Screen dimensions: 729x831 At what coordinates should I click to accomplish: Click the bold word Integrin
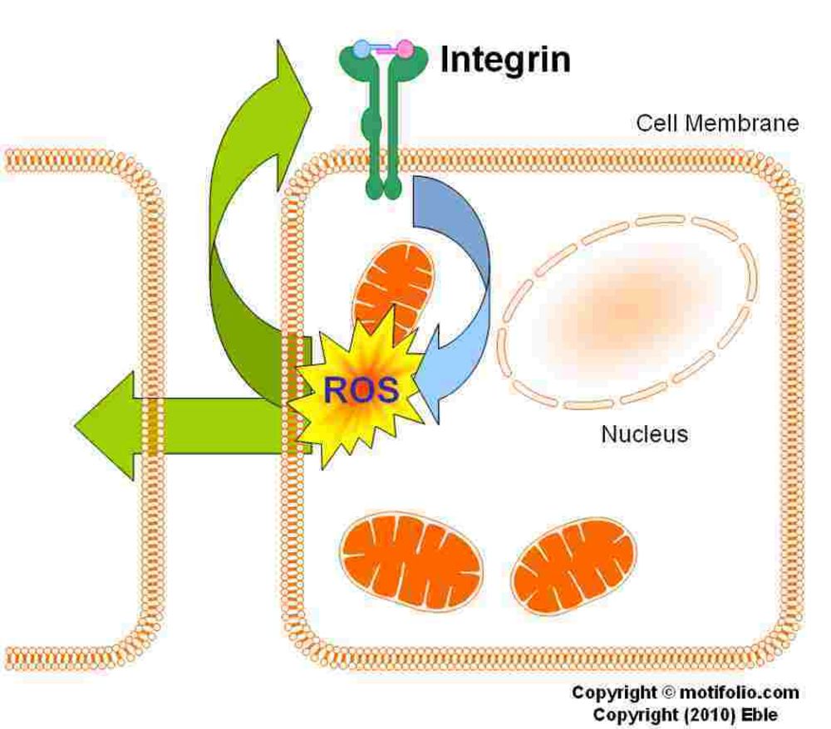[x=505, y=60]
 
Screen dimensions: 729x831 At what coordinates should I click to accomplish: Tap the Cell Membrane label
[x=717, y=124]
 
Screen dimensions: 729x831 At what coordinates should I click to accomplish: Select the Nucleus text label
[x=644, y=433]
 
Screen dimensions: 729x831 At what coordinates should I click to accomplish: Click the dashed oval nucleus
[x=627, y=311]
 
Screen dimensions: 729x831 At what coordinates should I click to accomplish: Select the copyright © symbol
[x=670, y=692]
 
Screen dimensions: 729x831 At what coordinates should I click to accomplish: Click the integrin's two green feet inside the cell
[x=382, y=191]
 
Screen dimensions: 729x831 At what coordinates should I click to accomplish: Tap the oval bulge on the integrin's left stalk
[x=371, y=127]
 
